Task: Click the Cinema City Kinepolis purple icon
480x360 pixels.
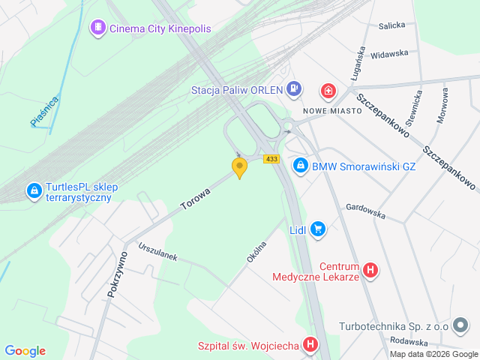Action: [x=97, y=28]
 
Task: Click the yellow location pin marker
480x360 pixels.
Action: [x=239, y=167]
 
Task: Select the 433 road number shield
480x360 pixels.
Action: [x=271, y=158]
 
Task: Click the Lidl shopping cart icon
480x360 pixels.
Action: [x=318, y=229]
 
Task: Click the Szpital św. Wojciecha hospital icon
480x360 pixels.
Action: [x=311, y=345]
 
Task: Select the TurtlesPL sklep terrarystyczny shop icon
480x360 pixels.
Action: [x=34, y=192]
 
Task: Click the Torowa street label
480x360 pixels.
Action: [x=195, y=199]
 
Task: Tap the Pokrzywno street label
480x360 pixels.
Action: [x=118, y=274]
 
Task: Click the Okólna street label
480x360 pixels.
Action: [x=256, y=251]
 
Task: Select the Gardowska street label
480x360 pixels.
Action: [x=365, y=211]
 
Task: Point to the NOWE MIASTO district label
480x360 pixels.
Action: [x=332, y=110]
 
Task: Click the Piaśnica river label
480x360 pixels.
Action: [x=44, y=110]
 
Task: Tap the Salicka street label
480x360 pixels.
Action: [x=391, y=25]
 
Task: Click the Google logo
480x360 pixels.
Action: [x=25, y=350]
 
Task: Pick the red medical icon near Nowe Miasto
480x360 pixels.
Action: [x=328, y=91]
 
